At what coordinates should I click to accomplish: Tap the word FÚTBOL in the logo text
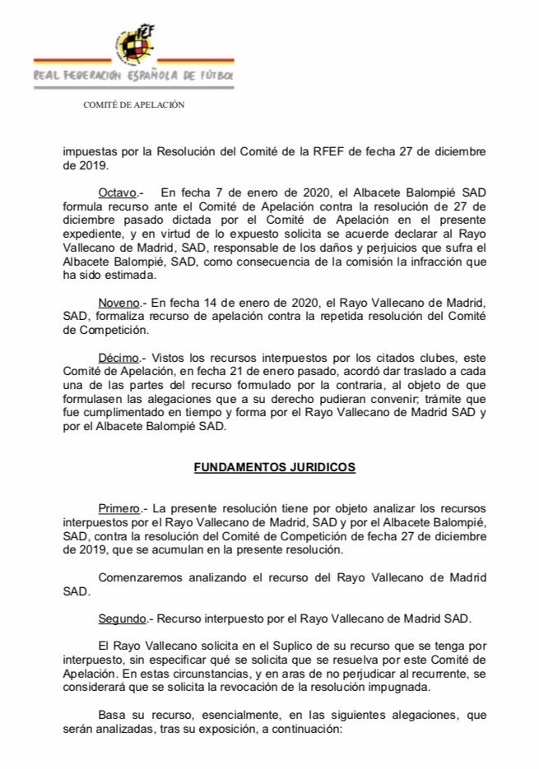[215, 76]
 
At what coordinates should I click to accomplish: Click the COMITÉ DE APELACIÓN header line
[134, 104]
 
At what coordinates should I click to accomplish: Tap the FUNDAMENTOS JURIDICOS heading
[274, 466]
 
